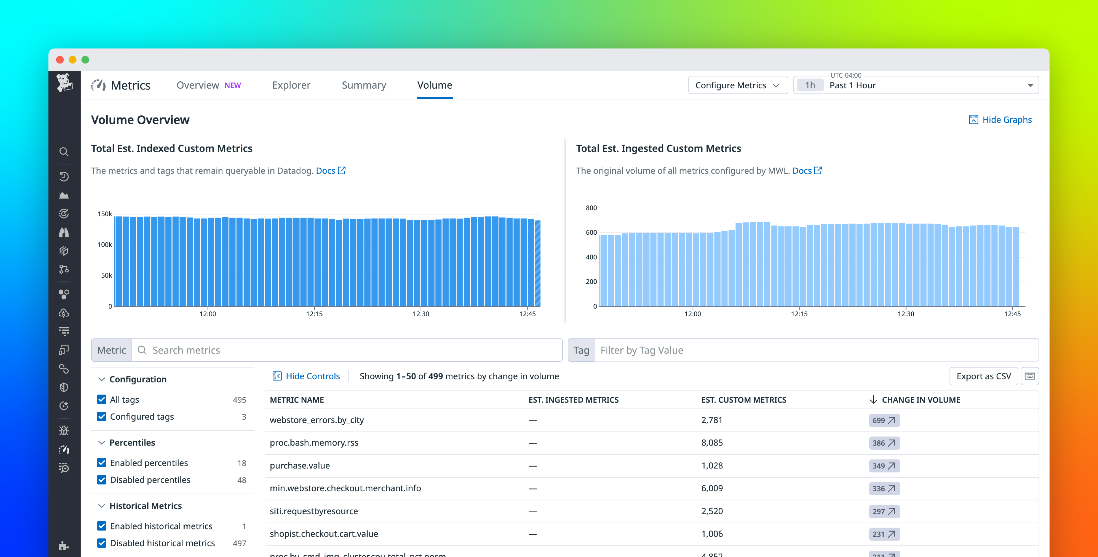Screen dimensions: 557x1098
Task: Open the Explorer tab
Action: pos(291,85)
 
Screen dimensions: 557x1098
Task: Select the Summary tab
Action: pos(363,85)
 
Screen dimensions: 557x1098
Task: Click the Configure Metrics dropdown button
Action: pos(737,85)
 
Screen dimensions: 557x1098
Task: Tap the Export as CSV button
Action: pos(983,376)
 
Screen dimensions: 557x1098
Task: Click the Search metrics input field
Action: pos(345,350)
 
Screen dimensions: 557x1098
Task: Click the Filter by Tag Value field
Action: pos(814,350)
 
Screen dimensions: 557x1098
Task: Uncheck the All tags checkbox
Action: pos(101,399)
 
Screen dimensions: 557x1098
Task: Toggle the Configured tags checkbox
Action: pos(101,416)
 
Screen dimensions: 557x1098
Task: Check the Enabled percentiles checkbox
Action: pos(101,463)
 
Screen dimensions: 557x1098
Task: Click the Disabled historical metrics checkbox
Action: pos(101,543)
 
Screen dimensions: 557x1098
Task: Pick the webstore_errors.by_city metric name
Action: pos(317,420)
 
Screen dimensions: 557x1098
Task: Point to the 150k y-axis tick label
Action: pos(104,214)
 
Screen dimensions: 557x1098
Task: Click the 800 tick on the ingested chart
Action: pos(591,208)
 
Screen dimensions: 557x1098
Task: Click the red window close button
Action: pos(60,60)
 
